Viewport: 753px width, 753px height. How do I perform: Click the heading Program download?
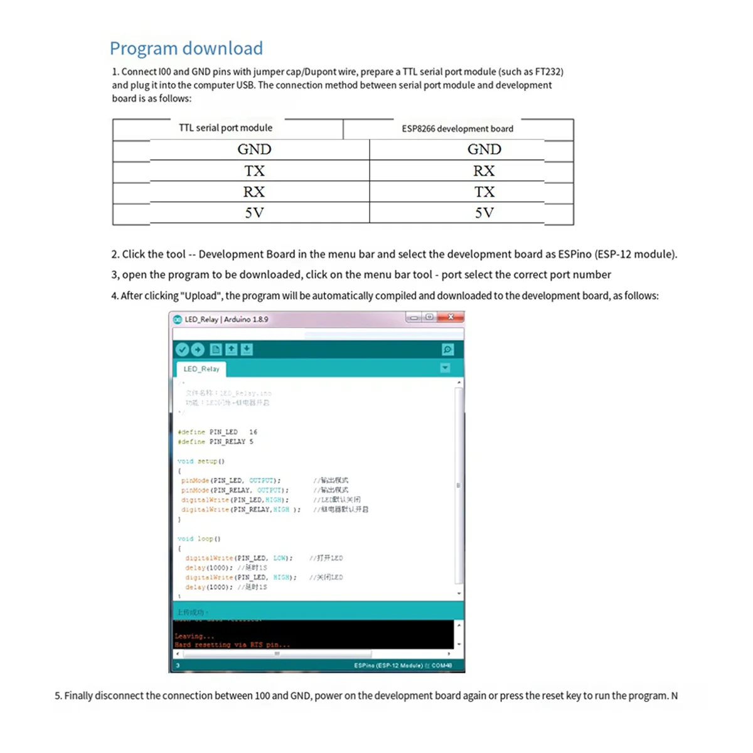[x=186, y=48]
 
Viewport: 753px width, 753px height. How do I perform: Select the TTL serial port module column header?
[x=225, y=128]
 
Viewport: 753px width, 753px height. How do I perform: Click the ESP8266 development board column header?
[x=457, y=129]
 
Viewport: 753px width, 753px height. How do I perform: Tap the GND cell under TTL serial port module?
[x=254, y=149]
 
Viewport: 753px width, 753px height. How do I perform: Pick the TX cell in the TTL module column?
[x=254, y=171]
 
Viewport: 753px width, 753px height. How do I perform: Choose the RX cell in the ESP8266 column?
[x=484, y=171]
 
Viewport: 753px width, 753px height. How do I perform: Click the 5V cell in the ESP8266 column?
[x=484, y=213]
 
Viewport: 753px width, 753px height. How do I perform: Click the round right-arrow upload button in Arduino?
[x=198, y=350]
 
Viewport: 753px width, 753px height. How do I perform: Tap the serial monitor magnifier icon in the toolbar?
[x=447, y=350]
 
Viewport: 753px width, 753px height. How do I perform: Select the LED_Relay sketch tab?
[x=201, y=369]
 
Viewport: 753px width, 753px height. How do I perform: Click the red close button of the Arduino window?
[x=451, y=318]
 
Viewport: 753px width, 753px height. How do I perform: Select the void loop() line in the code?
[x=199, y=538]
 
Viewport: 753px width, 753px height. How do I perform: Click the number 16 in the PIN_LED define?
[x=253, y=432]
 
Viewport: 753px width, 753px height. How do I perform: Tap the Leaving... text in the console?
[x=194, y=636]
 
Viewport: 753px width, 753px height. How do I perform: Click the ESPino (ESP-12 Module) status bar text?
[x=388, y=665]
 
